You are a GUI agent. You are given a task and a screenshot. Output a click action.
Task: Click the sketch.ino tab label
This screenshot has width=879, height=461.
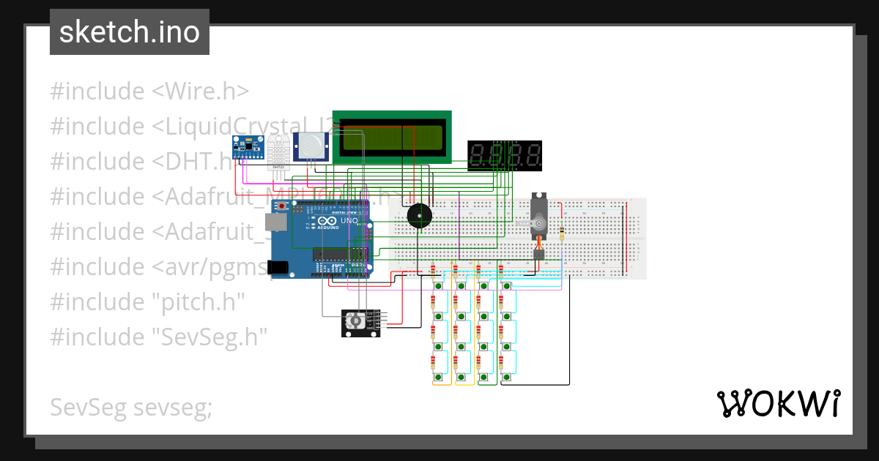129,32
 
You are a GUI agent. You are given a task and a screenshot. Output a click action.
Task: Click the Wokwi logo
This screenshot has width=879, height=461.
777,403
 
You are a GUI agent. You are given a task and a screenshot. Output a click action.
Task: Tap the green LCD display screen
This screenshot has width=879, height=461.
392,138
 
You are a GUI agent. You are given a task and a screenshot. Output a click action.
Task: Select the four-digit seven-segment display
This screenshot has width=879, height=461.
505,156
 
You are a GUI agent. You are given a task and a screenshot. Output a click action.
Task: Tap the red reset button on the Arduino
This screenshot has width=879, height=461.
279,207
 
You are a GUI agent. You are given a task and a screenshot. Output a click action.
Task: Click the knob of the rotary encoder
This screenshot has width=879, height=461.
355,322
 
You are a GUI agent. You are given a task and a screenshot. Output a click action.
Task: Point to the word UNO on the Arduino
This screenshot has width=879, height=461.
349,220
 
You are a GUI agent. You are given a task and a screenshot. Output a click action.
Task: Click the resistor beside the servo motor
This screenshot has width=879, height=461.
561,233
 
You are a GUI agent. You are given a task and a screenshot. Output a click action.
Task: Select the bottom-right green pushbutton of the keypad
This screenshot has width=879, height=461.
506,377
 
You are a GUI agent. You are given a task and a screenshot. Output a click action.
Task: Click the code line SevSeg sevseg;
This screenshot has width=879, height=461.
131,407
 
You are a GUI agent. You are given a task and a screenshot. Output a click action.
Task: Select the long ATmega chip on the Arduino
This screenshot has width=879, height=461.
340,254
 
